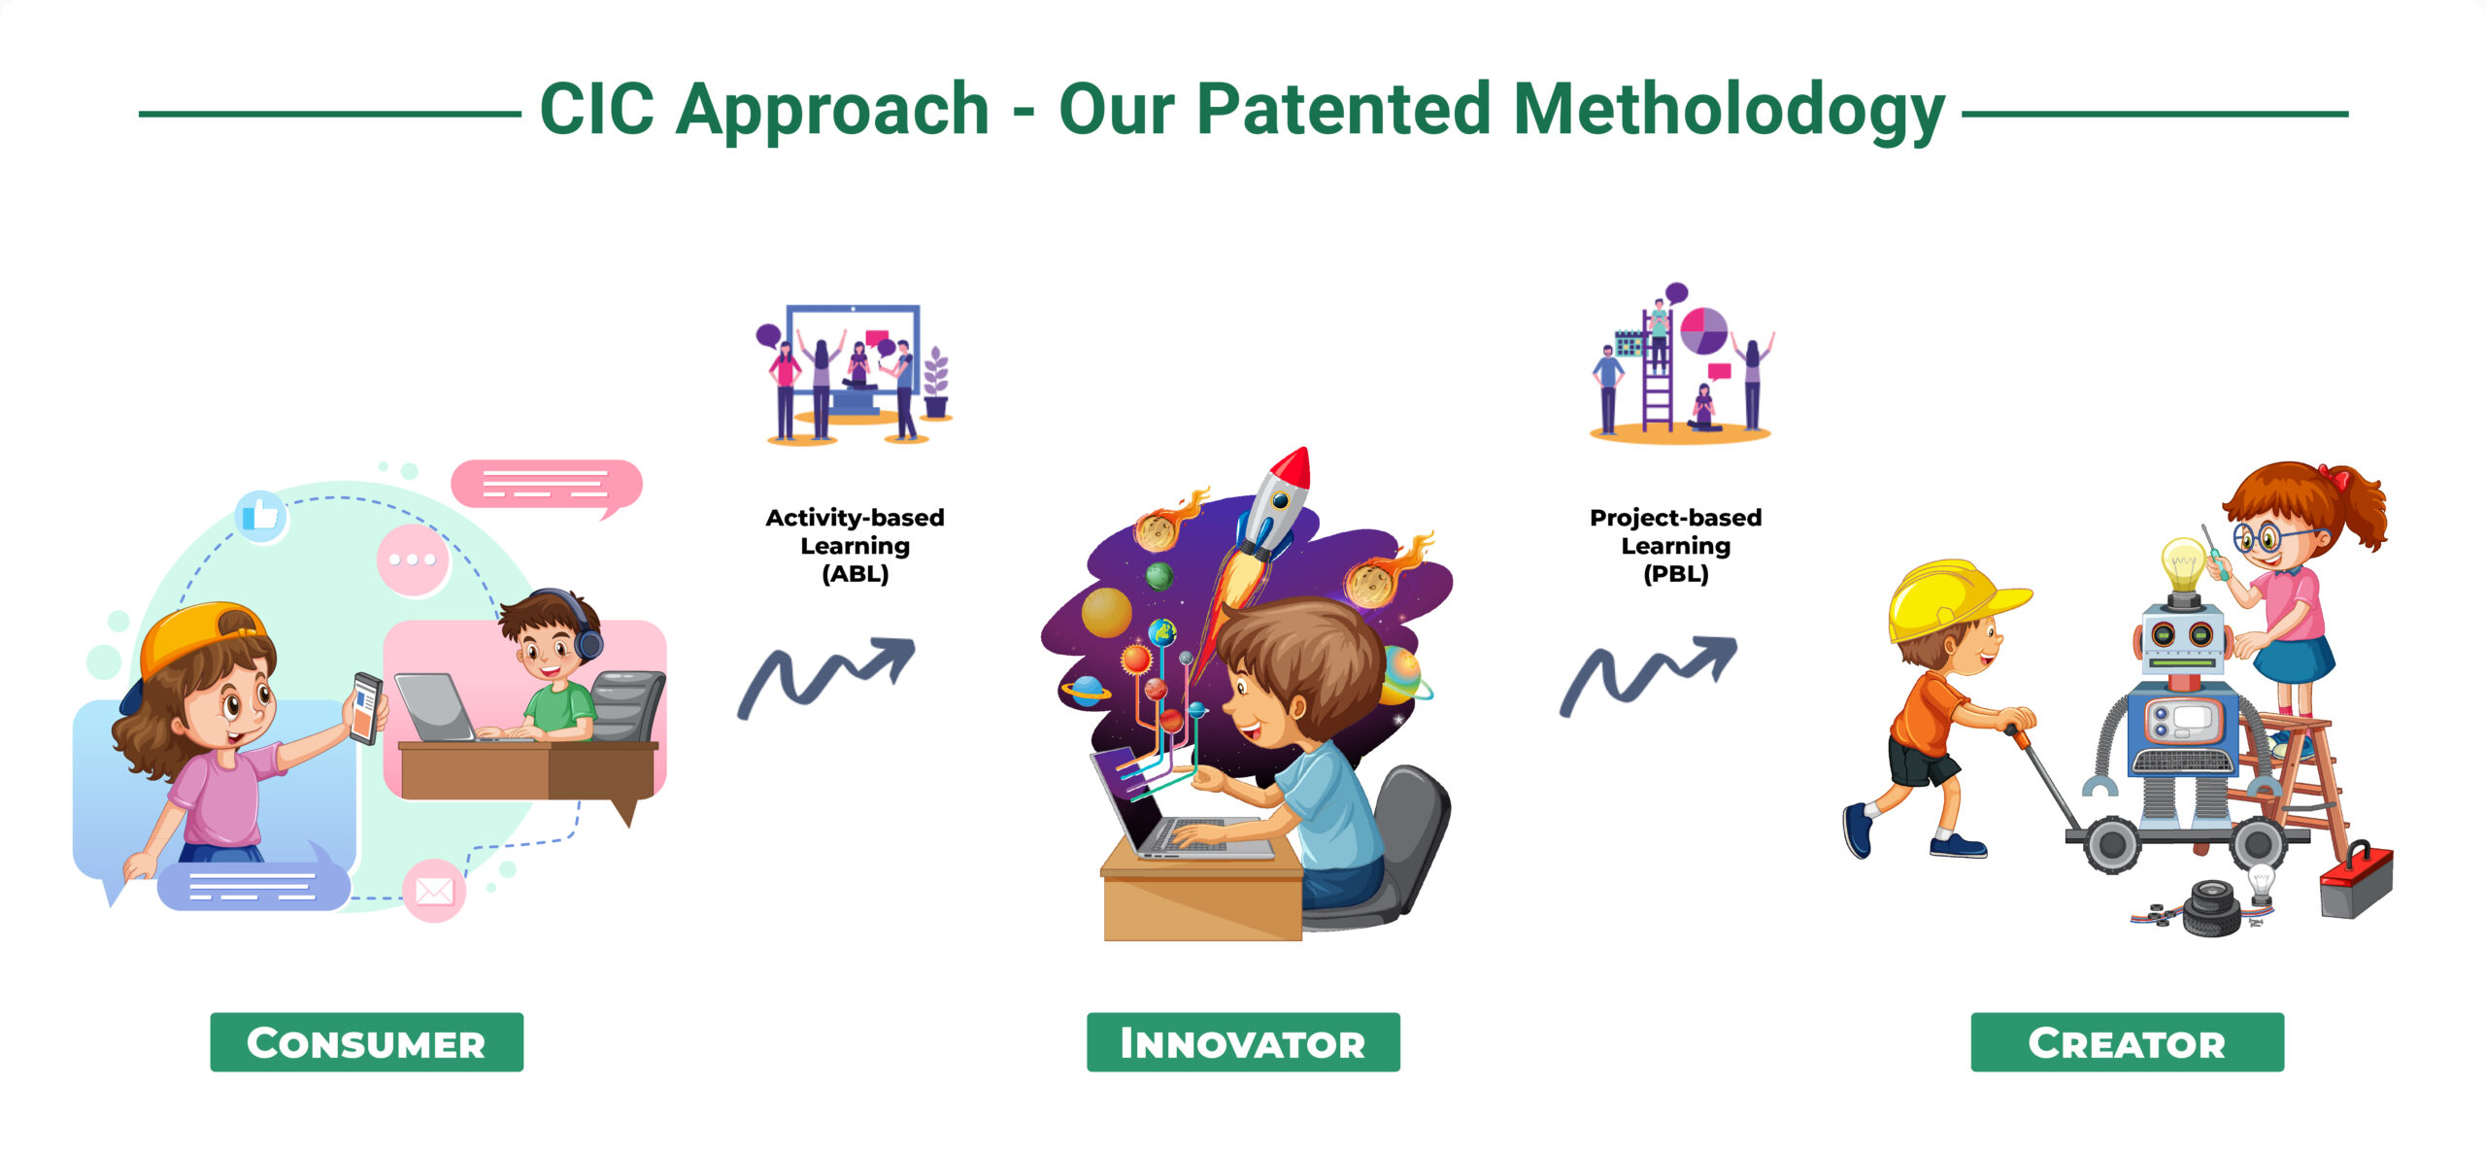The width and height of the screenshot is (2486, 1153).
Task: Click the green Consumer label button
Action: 366,1042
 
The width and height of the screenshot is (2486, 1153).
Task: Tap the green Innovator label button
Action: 1243,1042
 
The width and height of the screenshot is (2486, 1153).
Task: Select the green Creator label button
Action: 2127,1042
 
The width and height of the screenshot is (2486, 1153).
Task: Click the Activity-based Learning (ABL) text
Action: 855,546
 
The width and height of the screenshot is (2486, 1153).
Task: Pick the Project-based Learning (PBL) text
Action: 1675,546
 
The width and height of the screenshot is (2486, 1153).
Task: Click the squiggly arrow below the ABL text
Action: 825,677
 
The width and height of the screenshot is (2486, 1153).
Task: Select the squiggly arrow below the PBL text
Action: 1648,677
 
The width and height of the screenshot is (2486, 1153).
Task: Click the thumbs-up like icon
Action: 261,515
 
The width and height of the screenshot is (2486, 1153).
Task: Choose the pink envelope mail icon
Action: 434,890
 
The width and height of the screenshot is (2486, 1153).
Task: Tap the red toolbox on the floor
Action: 2356,881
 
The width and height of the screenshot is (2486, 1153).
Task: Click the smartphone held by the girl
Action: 367,707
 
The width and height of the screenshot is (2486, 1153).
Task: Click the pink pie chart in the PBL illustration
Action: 1703,331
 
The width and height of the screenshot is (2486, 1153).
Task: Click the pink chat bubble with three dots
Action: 413,560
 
